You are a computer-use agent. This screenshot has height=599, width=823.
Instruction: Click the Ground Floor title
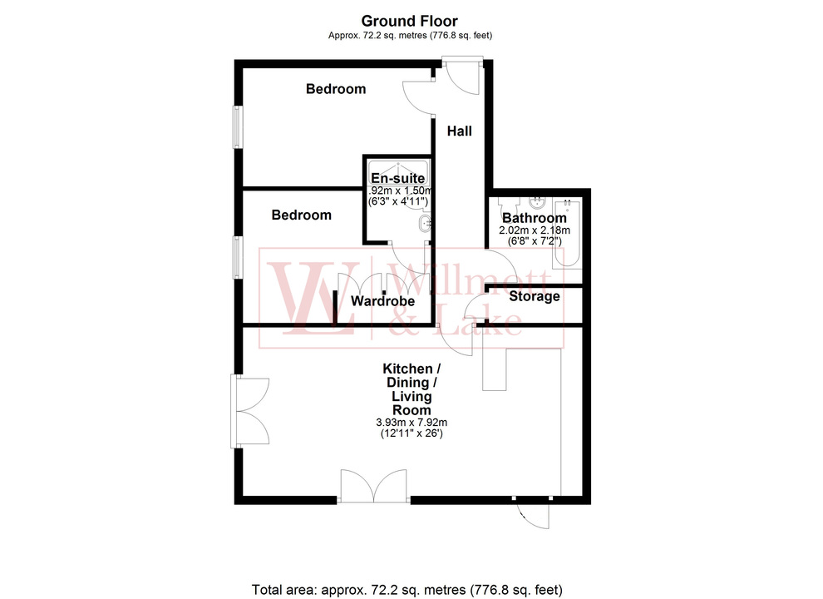coord(409,21)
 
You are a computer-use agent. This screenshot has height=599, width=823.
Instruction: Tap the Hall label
coord(460,131)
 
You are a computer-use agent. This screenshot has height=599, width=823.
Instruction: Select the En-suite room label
coord(398,178)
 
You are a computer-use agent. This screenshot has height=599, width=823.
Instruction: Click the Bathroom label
coord(534,219)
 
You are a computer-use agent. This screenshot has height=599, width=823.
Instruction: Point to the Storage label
coord(534,296)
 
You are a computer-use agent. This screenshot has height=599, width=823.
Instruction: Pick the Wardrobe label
coord(382,301)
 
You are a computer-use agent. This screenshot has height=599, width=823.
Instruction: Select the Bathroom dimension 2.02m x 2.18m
coord(534,230)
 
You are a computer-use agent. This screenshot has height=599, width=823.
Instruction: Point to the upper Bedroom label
coord(336,89)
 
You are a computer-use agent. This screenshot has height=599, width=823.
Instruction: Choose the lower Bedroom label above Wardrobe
coord(302,215)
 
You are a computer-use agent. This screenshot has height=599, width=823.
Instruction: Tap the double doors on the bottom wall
coord(375,487)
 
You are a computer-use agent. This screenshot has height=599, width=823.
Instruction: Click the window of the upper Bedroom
coord(238,126)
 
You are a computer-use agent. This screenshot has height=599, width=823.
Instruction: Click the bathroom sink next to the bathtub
coord(537,201)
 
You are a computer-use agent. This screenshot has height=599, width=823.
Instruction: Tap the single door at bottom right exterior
coord(531,512)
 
